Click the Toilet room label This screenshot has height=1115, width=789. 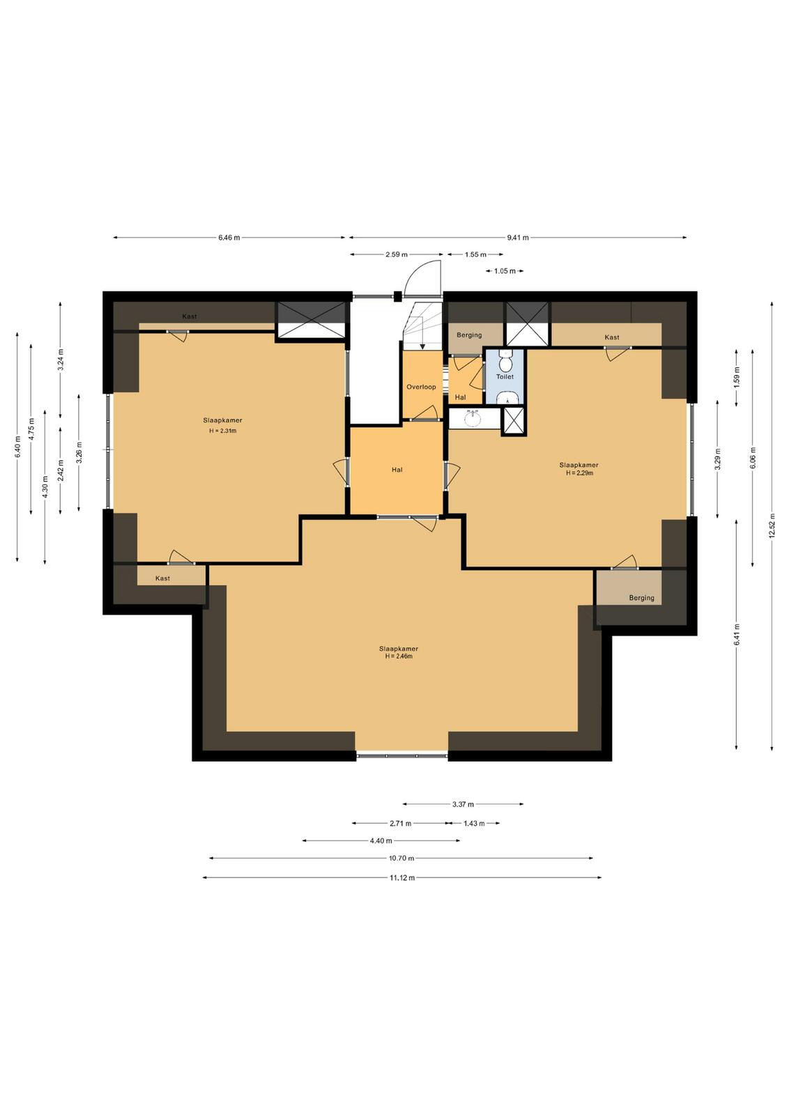pos(505,377)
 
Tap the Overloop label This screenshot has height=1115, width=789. pos(421,387)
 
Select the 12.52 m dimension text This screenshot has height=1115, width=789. pos(772,525)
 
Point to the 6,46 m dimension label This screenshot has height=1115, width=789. pos(229,238)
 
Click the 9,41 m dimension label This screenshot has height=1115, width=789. pos(518,238)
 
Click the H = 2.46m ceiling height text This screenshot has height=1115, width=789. pos(399,656)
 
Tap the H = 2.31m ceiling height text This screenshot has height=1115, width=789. pos(222,431)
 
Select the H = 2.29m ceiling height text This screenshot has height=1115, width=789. pos(579,473)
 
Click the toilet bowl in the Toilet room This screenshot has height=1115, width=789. pos(506,362)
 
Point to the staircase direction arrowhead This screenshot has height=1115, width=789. pos(422,347)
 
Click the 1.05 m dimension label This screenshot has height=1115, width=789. pos(505,271)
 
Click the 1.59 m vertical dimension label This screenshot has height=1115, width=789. pos(737,377)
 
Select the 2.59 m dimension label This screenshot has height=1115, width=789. pos(396,255)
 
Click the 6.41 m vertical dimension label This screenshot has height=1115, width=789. pos(737,635)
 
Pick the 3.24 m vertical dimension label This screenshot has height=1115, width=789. pos(61,360)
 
